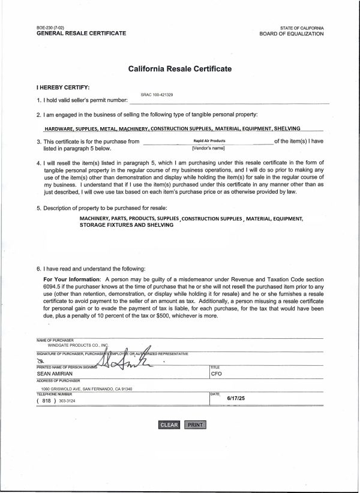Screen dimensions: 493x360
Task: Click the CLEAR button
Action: (169, 425)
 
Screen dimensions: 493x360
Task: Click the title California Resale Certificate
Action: (180, 69)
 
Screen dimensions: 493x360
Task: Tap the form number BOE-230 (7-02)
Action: (52, 28)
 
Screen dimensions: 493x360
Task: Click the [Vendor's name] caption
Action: (208, 148)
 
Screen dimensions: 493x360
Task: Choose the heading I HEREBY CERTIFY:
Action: (63, 87)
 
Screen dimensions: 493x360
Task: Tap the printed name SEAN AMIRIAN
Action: (54, 373)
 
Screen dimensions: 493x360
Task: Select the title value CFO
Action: (217, 373)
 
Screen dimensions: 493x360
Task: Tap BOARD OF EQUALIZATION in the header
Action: (292, 34)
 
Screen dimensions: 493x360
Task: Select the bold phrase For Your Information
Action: (73, 280)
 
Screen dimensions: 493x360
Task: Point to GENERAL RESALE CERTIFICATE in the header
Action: (82, 34)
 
